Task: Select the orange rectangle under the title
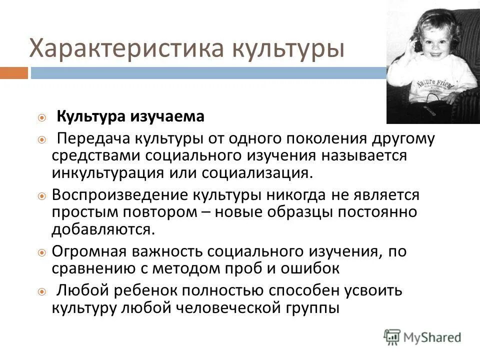click(13, 73)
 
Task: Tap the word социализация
click(259, 172)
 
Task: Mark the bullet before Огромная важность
click(42, 252)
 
